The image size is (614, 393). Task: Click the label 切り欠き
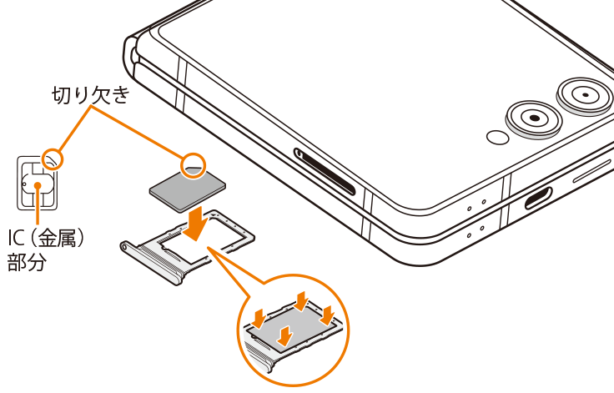click(91, 95)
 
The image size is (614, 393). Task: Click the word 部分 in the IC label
click(27, 262)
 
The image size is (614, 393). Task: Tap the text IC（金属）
click(47, 238)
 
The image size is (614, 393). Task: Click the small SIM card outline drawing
click(38, 183)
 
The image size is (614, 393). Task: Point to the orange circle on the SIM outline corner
click(53, 159)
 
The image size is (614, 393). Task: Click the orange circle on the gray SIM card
click(193, 166)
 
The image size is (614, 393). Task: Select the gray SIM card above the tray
click(188, 189)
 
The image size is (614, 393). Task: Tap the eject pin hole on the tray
click(124, 246)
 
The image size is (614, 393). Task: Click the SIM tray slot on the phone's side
click(325, 171)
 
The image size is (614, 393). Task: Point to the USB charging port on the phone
click(538, 198)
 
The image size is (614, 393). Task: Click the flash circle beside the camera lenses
click(498, 137)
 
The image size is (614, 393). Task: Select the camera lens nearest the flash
click(534, 118)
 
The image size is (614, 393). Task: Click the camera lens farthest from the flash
click(585, 95)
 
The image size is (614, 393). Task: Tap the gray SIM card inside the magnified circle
click(293, 328)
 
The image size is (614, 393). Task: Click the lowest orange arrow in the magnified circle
click(285, 335)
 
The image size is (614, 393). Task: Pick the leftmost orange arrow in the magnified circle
click(258, 317)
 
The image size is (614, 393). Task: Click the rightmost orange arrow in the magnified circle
click(326, 315)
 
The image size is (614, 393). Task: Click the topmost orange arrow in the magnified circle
click(301, 301)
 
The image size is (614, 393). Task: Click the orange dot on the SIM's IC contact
click(38, 185)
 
